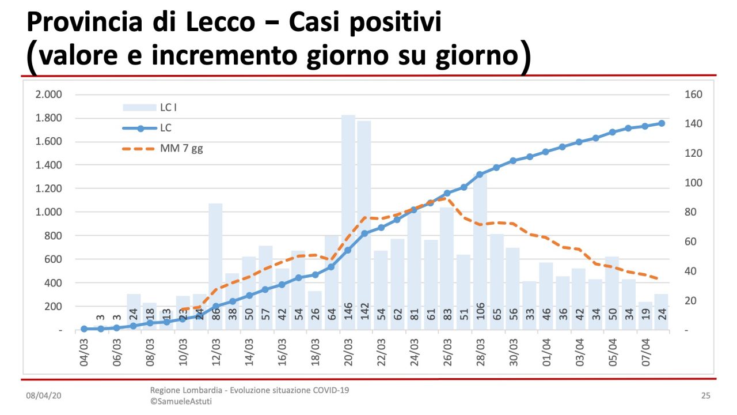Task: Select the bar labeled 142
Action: (x=364, y=225)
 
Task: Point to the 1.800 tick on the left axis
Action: (x=49, y=118)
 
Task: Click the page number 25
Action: (x=705, y=396)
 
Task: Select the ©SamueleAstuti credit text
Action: (x=181, y=401)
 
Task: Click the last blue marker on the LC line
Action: (x=662, y=123)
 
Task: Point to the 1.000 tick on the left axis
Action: (x=49, y=212)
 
